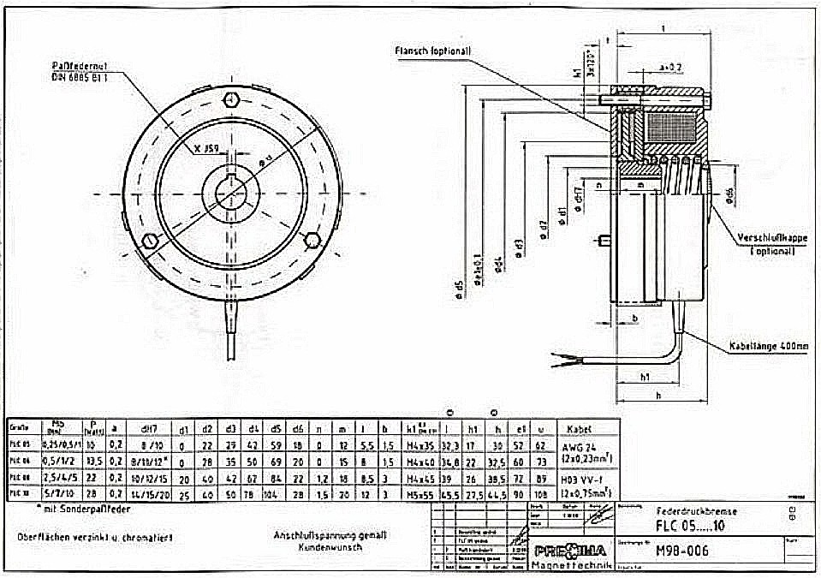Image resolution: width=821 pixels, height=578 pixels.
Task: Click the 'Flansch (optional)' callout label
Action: [x=432, y=51]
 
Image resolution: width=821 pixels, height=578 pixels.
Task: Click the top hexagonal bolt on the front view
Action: [x=230, y=100]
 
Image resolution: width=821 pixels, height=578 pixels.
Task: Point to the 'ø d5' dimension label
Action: [x=458, y=290]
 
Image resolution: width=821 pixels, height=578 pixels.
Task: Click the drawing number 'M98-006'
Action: [x=681, y=551]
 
